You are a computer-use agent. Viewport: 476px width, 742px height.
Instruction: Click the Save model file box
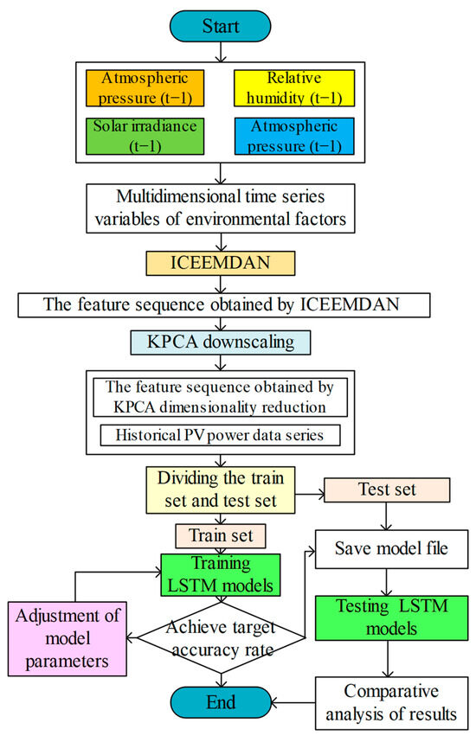(x=384, y=547)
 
